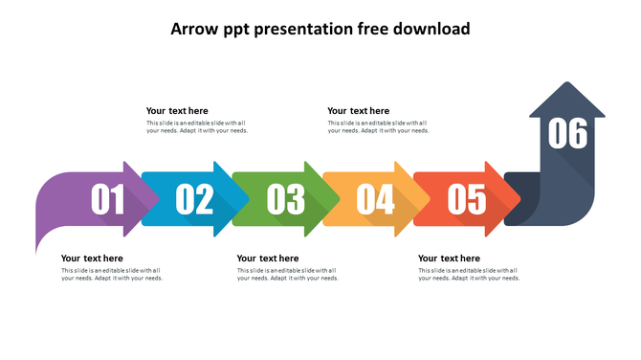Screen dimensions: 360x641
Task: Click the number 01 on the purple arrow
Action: [x=108, y=199]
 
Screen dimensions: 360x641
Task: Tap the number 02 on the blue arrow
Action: [x=195, y=199]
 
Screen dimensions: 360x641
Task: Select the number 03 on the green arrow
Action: [x=286, y=199]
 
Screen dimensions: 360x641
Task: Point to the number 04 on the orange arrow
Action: [x=376, y=199]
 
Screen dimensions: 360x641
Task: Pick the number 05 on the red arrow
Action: [x=468, y=199]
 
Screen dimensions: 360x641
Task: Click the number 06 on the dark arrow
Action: [x=567, y=134]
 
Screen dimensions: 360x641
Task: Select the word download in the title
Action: [x=432, y=29]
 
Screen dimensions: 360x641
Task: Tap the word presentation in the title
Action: [x=309, y=29]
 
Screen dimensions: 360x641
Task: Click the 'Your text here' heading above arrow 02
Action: [x=177, y=111]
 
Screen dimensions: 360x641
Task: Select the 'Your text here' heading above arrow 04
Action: [x=359, y=111]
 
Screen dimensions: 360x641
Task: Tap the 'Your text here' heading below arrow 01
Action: [x=92, y=259]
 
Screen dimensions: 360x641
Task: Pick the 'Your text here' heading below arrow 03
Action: [x=268, y=259]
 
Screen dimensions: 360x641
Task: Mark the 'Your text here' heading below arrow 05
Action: [x=449, y=259]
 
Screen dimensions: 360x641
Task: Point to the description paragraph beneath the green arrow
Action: [x=288, y=275]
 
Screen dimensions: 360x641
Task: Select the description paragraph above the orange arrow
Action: [x=378, y=126]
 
